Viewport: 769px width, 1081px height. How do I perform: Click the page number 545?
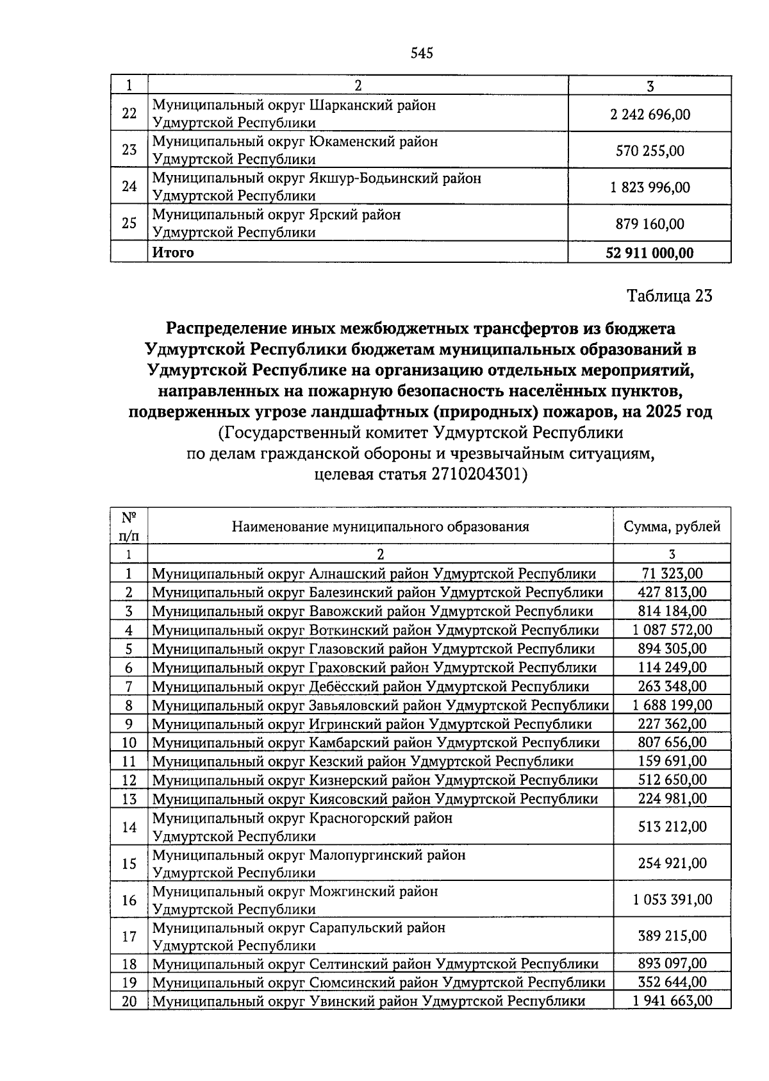(422, 53)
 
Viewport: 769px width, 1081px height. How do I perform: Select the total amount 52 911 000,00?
(649, 253)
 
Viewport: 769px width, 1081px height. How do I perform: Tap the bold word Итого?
(173, 253)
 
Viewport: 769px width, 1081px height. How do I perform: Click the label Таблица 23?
(669, 296)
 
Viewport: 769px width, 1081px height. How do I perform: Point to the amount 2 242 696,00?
(650, 114)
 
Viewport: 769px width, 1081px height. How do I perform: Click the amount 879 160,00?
(650, 224)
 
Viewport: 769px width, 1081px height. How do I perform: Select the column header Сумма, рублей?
(672, 526)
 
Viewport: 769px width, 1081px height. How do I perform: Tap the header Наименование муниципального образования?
(380, 526)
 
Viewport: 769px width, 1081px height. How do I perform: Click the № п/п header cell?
(129, 526)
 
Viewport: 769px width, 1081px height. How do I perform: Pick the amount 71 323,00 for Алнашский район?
(672, 574)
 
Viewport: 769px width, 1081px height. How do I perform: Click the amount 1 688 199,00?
(672, 705)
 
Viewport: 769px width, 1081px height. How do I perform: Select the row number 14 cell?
(129, 827)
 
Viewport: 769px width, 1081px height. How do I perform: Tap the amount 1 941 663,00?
(672, 1001)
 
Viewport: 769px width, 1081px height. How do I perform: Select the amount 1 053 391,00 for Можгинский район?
(672, 900)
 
